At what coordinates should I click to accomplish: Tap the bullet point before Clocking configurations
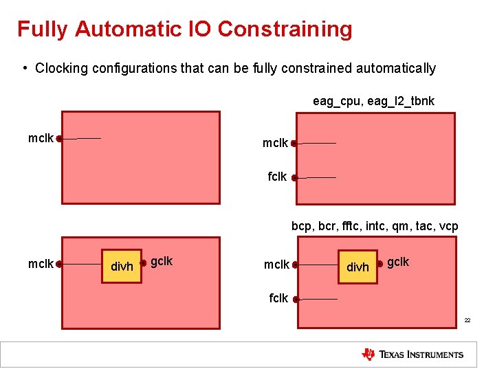[x=25, y=68]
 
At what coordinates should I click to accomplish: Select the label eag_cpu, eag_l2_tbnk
[x=373, y=101]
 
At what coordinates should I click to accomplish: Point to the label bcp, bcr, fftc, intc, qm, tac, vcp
[x=375, y=226]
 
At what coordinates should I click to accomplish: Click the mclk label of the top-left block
[x=41, y=138]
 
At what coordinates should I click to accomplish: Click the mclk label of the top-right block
[x=275, y=143]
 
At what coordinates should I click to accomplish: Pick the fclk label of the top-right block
[x=277, y=177]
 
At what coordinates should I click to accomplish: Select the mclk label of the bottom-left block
[x=41, y=263]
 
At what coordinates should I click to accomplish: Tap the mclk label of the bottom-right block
[x=276, y=265]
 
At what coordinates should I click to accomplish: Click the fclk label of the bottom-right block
[x=278, y=298]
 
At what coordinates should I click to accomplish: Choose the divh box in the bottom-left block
[x=122, y=266]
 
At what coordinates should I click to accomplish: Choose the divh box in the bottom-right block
[x=357, y=267]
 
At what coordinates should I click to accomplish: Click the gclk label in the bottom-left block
[x=162, y=261]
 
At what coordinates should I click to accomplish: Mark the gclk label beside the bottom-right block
[x=398, y=262]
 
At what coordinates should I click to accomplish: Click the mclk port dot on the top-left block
[x=60, y=139]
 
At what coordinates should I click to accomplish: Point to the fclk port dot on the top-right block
[x=294, y=178]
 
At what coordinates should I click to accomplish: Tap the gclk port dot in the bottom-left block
[x=143, y=262]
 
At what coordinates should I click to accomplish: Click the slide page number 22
[x=467, y=321]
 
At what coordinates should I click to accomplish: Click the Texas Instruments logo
[x=412, y=355]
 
